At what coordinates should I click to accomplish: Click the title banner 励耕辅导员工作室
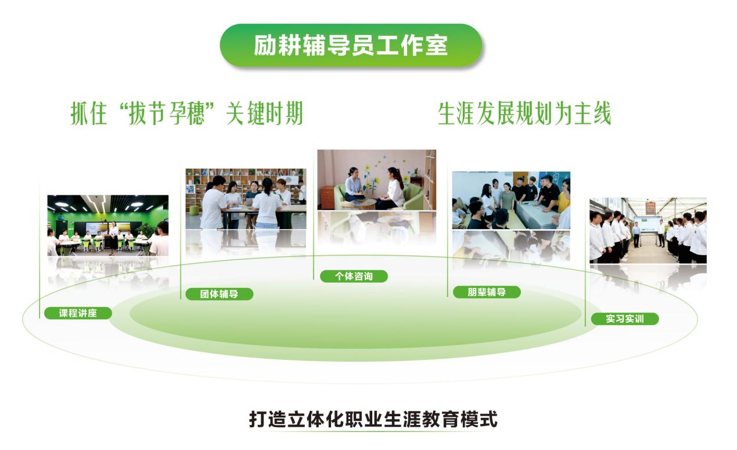351,45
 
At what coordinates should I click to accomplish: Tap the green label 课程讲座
77,313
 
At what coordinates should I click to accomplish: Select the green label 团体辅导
219,294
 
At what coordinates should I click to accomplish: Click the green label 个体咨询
354,276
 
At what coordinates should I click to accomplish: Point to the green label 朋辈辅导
486,292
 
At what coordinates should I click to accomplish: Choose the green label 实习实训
624,319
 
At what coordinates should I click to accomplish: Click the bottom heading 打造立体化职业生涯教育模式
373,419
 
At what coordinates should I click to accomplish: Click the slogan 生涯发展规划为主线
524,115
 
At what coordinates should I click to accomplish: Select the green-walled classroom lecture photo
108,225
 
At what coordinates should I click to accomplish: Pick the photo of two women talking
376,180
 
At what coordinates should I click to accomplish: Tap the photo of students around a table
511,201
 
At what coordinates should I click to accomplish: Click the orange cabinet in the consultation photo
327,197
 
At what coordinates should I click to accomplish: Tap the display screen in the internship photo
647,223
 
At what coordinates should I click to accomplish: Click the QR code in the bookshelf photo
190,189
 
